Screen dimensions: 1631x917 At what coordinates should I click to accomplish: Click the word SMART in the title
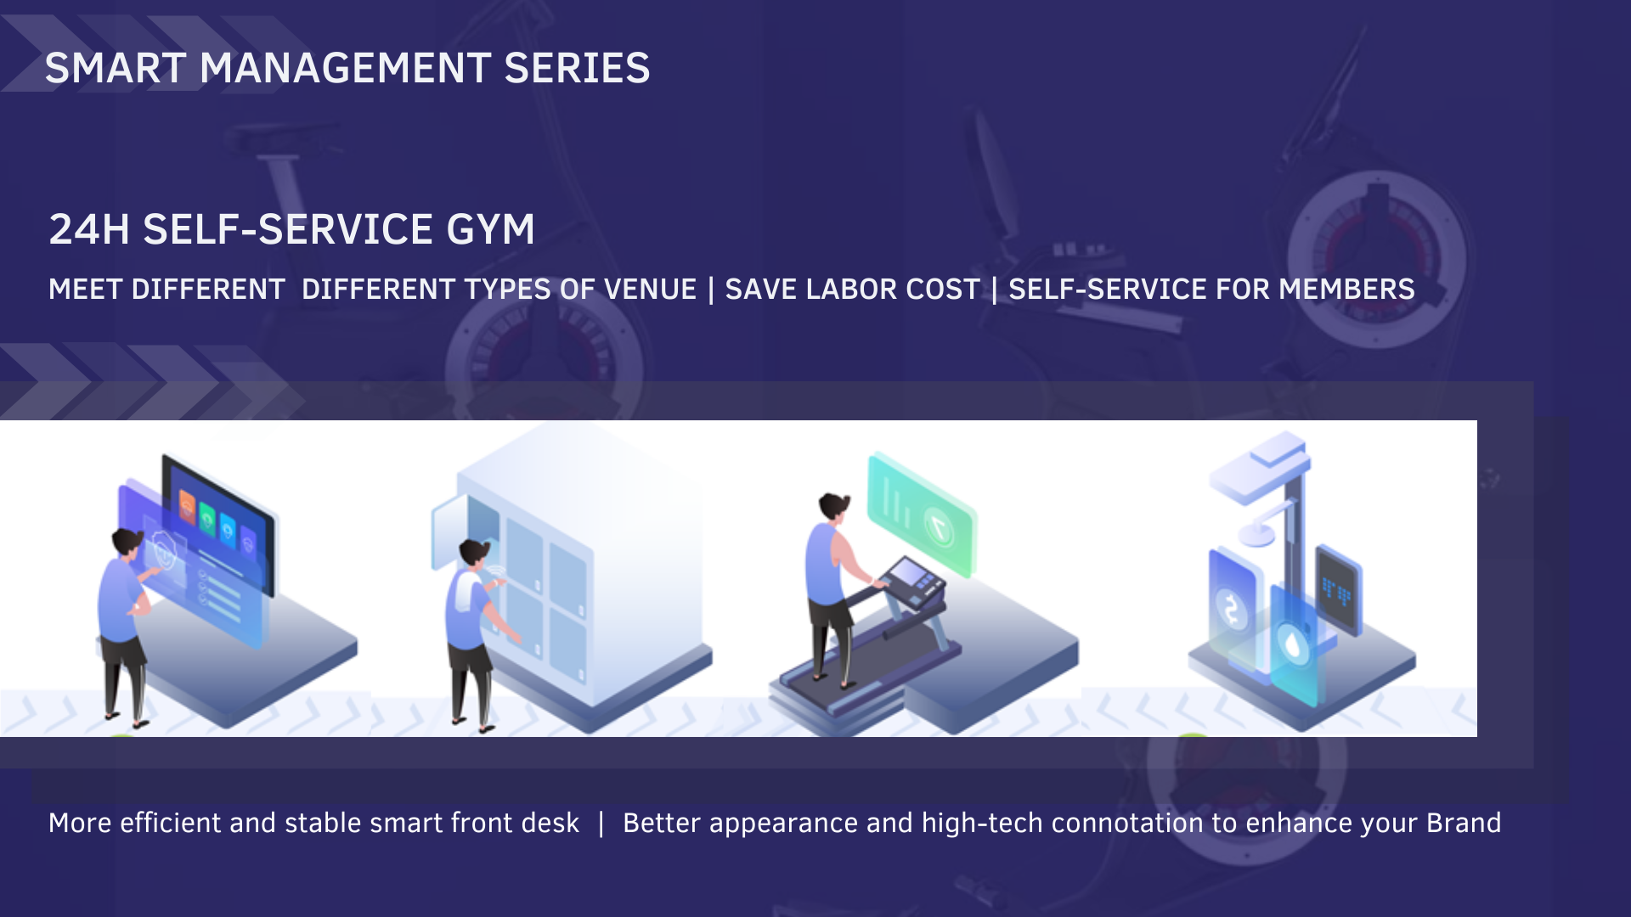(x=116, y=68)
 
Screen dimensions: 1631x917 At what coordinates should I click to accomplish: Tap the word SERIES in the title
(x=577, y=68)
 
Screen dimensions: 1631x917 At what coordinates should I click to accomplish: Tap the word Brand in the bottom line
(x=1464, y=823)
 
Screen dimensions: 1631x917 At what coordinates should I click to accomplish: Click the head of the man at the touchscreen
(x=127, y=541)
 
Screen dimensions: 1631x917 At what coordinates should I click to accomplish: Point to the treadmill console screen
(x=912, y=573)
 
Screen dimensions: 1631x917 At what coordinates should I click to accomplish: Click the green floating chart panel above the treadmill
(x=921, y=515)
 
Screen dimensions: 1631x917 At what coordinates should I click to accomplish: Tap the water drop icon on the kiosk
(x=1292, y=643)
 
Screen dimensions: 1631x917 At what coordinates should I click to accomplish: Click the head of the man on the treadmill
(x=834, y=507)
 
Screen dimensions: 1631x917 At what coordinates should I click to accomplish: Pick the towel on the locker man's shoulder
(x=463, y=589)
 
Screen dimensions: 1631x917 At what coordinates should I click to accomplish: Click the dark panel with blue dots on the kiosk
(x=1339, y=591)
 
